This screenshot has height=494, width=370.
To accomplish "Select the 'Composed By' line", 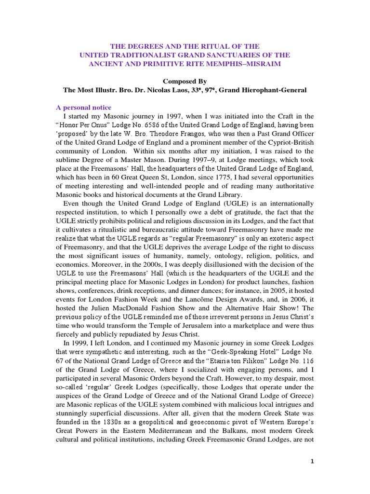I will (x=185, y=82).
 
